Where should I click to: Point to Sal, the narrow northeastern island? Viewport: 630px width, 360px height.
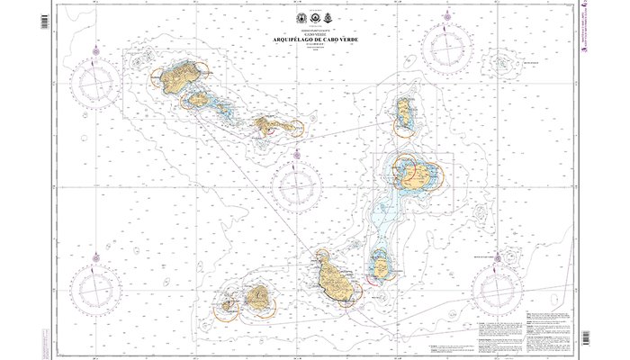(x=402, y=113)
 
